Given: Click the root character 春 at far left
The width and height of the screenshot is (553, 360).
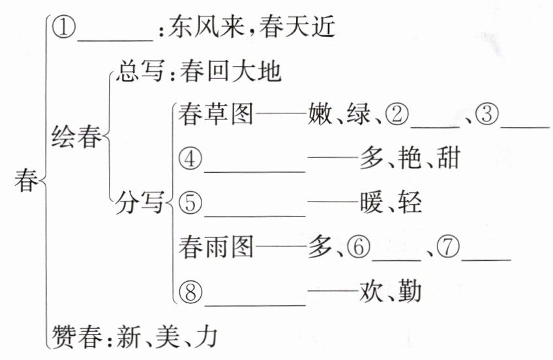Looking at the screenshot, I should (26, 181).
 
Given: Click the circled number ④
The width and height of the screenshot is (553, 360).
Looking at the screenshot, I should (190, 160).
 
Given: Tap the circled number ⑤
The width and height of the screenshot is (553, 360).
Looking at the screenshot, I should (190, 203).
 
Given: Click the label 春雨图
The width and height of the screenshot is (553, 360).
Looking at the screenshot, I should (215, 248).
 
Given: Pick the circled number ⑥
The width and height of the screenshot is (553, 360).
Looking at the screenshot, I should (357, 248).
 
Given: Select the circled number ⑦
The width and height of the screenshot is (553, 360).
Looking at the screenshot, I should (449, 248).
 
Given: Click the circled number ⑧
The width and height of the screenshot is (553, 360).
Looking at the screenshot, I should (190, 292).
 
